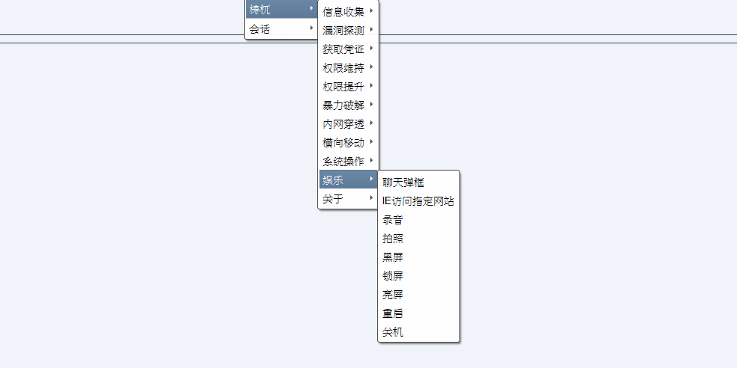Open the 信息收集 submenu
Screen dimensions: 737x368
[x=343, y=12]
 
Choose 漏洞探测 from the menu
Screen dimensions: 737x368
[x=343, y=31]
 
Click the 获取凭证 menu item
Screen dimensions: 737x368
[x=343, y=49]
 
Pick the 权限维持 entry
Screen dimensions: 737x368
[x=343, y=68]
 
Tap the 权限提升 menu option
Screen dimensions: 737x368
[x=343, y=86]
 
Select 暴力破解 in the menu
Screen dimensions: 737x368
[x=343, y=105]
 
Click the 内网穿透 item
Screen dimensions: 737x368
[x=343, y=123]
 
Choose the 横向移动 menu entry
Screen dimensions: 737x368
[x=343, y=142]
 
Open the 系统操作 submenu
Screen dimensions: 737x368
[x=343, y=161]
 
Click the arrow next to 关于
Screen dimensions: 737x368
[x=371, y=198]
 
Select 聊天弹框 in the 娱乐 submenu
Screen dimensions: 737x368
[x=403, y=183]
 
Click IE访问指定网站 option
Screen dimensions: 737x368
[x=418, y=201]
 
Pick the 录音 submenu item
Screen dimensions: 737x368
[x=393, y=220]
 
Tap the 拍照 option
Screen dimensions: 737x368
[x=393, y=239]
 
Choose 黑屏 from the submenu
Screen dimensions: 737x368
[x=393, y=257]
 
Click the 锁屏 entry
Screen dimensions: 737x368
[x=393, y=276]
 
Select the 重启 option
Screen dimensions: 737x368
[x=393, y=313]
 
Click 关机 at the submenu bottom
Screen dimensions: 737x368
[x=393, y=332]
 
